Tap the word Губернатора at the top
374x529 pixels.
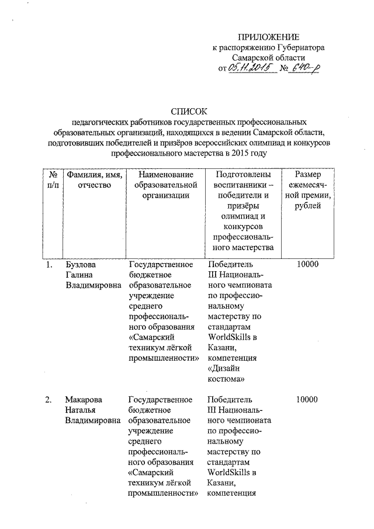[297, 48]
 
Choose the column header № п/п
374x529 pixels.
[53, 180]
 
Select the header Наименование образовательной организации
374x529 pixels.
[162, 185]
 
